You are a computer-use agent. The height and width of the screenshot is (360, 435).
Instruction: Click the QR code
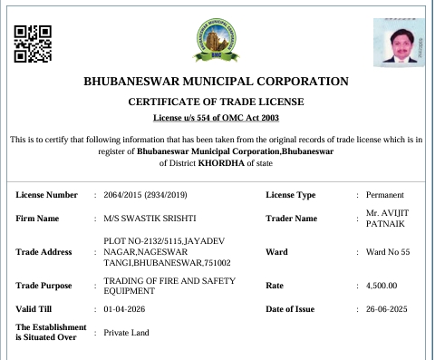pos(33,41)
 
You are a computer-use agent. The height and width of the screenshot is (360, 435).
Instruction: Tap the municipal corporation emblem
pos(217,39)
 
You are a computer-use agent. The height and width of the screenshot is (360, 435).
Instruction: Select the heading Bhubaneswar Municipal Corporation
pos(216,82)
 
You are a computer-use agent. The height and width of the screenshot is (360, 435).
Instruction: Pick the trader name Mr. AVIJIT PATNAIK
pos(388,219)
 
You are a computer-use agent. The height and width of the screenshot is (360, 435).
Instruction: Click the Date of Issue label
pos(290,309)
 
